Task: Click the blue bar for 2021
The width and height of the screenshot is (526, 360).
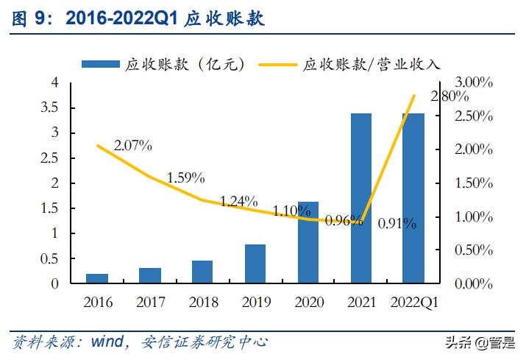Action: (360, 198)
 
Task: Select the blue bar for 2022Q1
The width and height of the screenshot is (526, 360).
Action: (413, 198)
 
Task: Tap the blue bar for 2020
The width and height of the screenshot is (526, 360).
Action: (308, 242)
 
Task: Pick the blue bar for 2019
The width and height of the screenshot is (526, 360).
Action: (255, 264)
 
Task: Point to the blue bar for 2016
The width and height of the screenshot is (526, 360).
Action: (96, 278)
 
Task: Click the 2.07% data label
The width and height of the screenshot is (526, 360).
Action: (133, 146)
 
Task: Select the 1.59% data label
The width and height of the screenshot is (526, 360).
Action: (185, 177)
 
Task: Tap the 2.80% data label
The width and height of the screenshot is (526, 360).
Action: (449, 96)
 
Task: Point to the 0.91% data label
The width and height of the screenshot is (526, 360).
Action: (397, 222)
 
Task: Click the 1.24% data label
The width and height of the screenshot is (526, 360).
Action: (238, 201)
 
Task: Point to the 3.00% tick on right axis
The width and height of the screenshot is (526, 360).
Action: (473, 82)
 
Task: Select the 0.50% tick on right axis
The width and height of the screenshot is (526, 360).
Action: (473, 250)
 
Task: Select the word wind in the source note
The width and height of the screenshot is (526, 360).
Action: (110, 342)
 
